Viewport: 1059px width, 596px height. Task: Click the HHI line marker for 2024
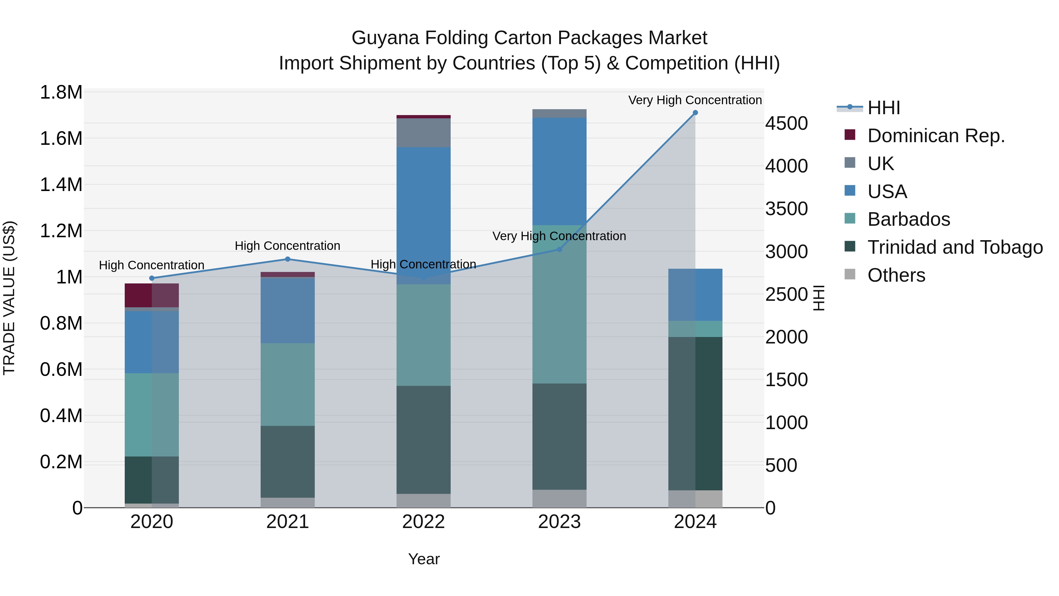click(x=695, y=113)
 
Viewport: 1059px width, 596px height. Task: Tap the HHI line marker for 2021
click(x=288, y=259)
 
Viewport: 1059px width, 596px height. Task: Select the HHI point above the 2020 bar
click(x=152, y=278)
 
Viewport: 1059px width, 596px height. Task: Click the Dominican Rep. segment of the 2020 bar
click(x=152, y=295)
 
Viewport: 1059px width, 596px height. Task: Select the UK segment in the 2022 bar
click(x=423, y=132)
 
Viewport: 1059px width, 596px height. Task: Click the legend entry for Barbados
click(x=909, y=219)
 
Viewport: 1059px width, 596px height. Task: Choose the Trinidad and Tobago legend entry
click(x=955, y=247)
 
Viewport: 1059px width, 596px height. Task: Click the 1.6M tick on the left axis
click(x=61, y=139)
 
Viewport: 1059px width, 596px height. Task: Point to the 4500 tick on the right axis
click(x=786, y=123)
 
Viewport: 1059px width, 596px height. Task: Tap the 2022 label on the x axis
click(x=423, y=522)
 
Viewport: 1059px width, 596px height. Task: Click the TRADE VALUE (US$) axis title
click(x=9, y=298)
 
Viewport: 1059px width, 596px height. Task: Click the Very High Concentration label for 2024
click(x=695, y=100)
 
